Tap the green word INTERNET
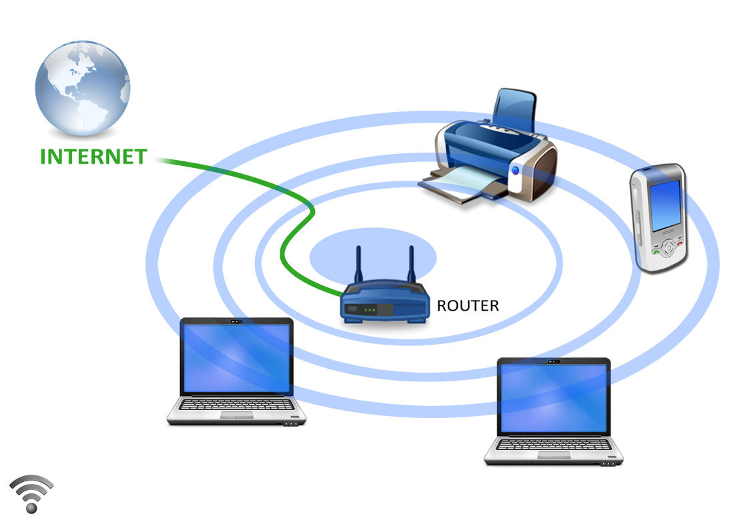[x=93, y=157]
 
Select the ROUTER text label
[x=467, y=306]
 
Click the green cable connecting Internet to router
[x=294, y=193]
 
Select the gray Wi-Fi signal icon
[x=31, y=493]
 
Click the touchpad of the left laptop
[x=237, y=415]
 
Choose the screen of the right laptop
[x=554, y=398]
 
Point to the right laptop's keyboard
[x=554, y=444]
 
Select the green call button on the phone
[x=657, y=251]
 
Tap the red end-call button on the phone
[x=679, y=245]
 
